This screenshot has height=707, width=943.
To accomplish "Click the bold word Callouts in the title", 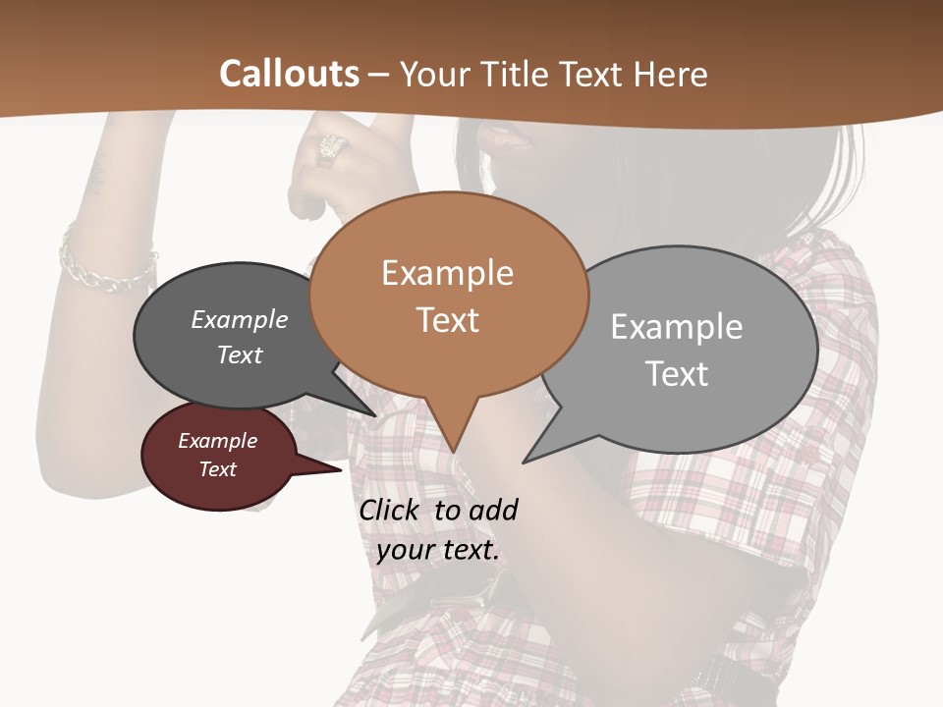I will coord(289,74).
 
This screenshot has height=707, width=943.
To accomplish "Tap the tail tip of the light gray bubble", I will coord(525,462).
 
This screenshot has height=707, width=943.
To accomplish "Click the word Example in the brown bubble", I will coord(447,273).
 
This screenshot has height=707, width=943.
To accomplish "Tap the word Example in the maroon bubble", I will coord(217,441).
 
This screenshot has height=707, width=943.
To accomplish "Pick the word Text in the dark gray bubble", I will coord(239,354).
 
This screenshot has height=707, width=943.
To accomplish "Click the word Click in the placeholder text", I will coord(392,510).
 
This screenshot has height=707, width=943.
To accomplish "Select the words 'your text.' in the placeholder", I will coord(438,550).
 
